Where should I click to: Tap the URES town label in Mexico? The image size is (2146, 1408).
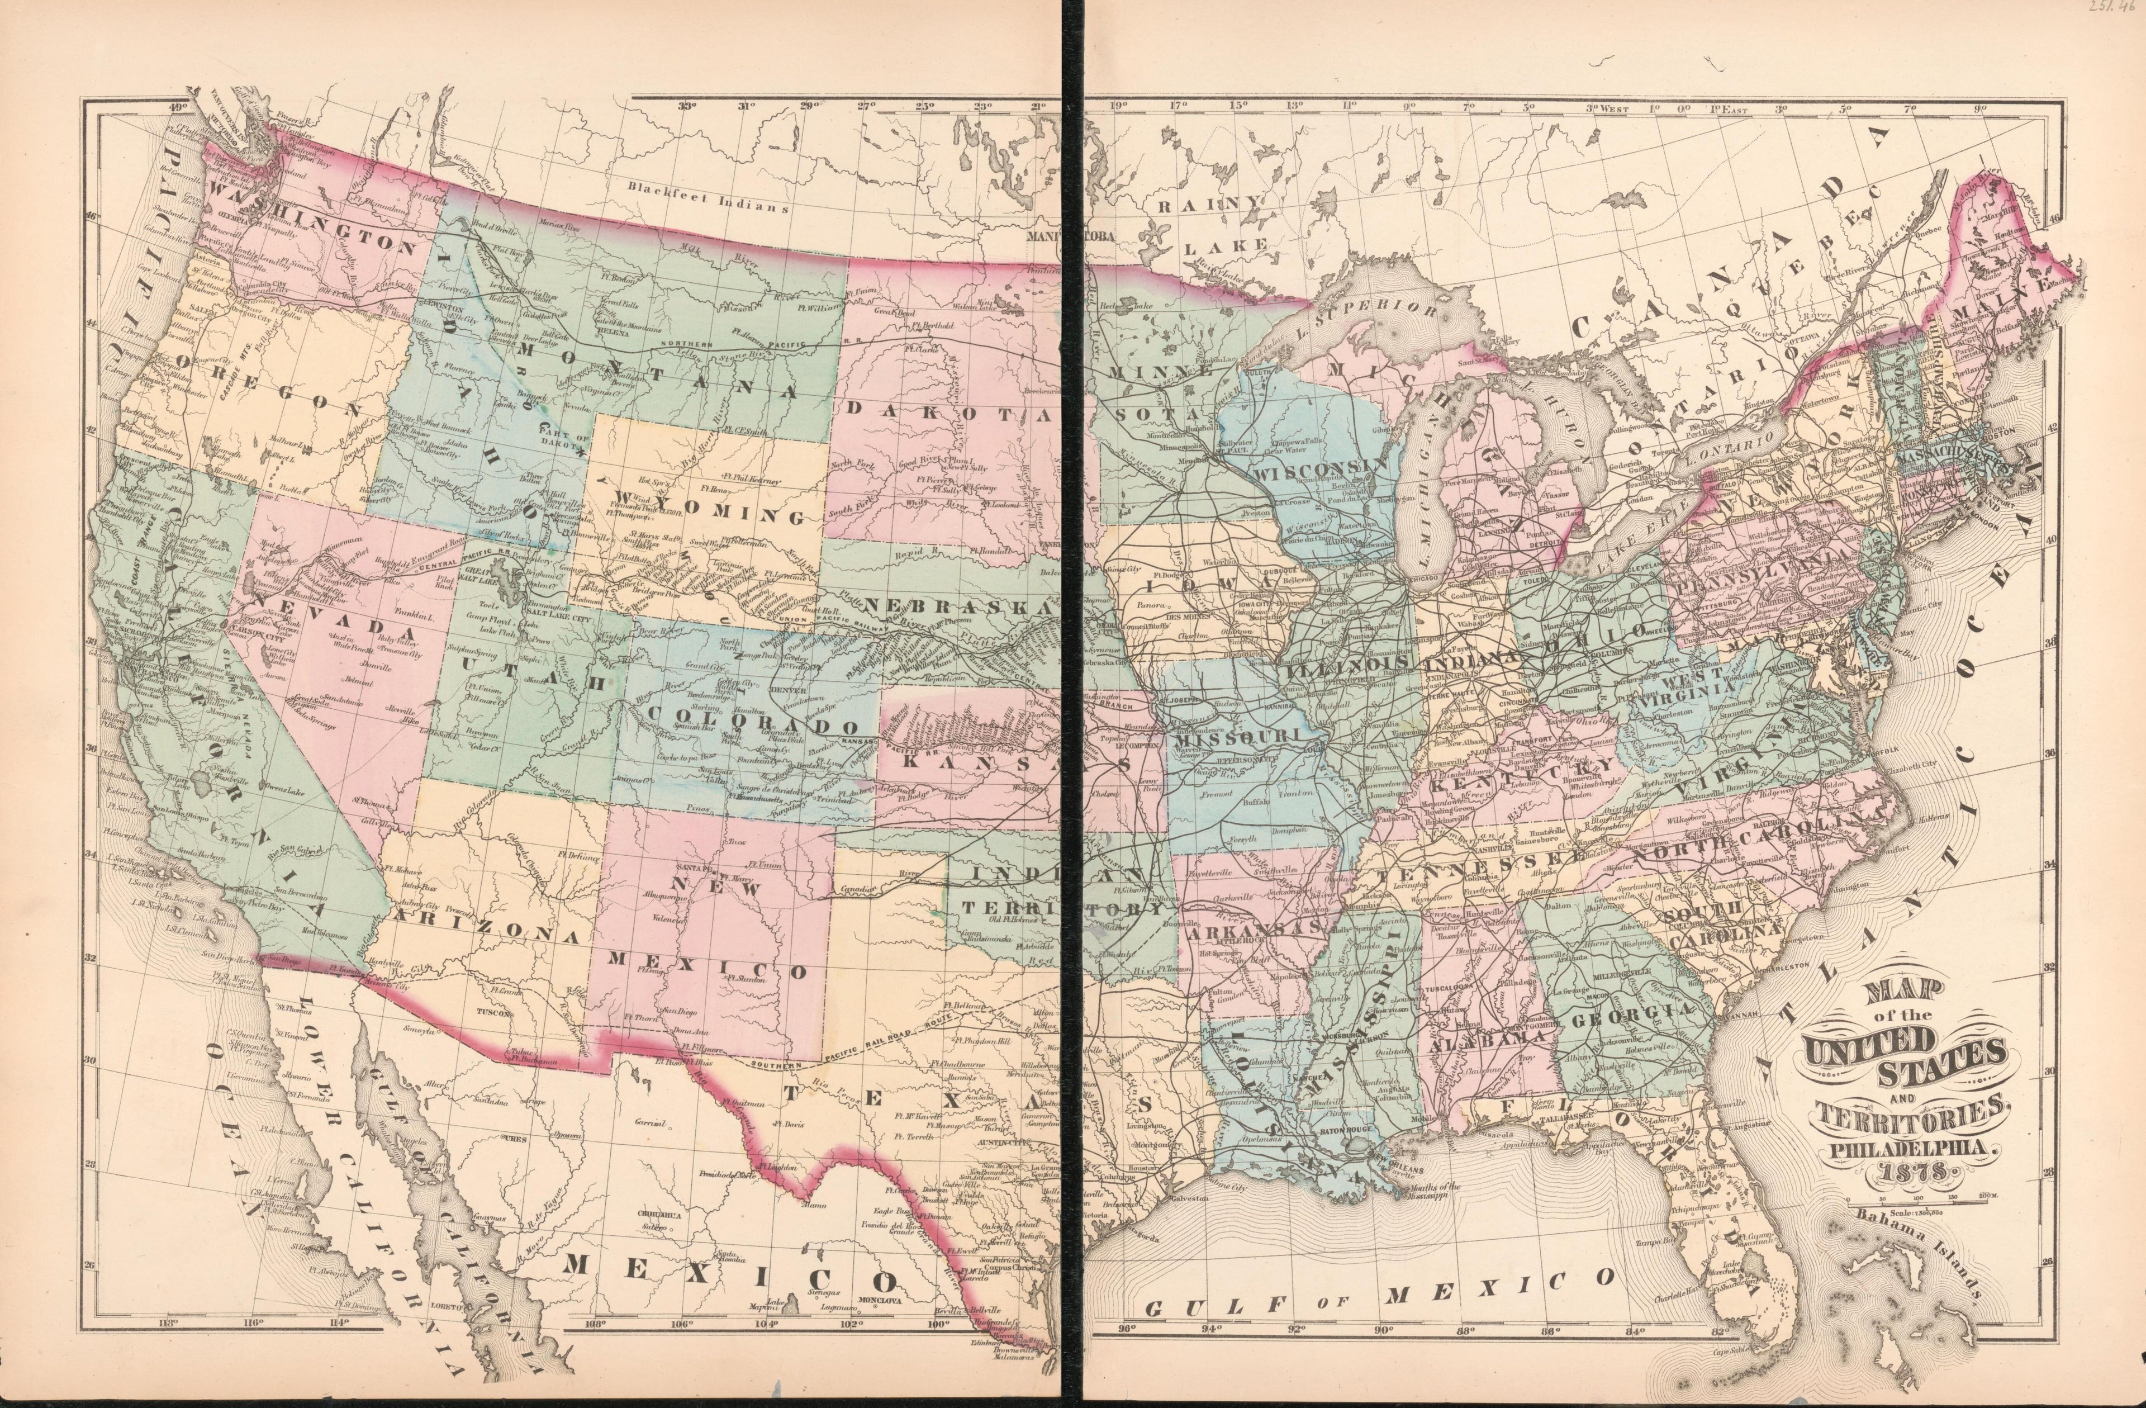click(x=515, y=1139)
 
